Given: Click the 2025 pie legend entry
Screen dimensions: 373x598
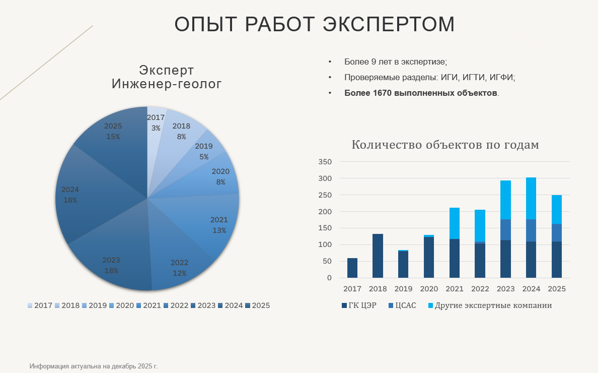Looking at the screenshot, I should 257,305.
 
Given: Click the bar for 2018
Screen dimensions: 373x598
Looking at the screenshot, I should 378,256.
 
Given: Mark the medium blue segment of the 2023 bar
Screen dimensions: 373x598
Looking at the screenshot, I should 505,229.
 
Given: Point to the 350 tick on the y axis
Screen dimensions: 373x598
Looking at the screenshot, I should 326,162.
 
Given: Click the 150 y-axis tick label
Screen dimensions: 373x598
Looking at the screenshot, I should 326,228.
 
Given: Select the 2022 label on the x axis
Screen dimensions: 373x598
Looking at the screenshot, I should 479,289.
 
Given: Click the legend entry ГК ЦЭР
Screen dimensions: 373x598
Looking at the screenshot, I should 359,305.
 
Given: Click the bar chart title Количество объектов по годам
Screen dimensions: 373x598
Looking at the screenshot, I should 445,145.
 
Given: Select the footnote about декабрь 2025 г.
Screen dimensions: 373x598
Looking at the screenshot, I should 94,366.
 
